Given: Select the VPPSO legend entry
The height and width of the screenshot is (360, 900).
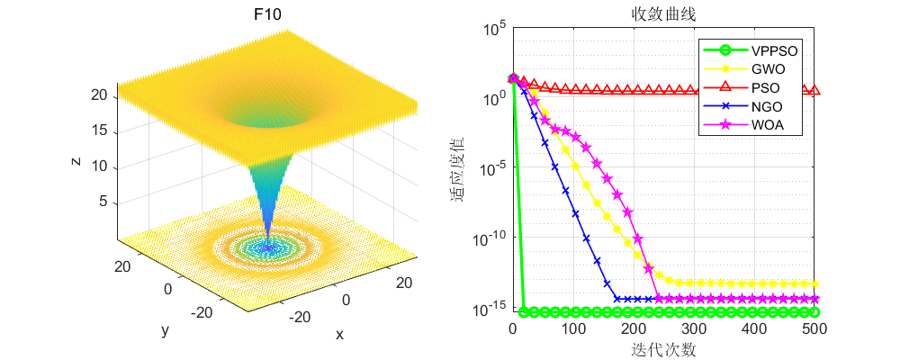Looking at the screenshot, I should point(774,51).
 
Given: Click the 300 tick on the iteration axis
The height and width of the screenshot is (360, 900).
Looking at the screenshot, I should point(694,330).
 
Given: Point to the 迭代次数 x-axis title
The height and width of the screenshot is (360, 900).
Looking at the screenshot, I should point(663,349).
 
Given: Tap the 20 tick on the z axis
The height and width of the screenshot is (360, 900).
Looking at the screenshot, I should point(100,94).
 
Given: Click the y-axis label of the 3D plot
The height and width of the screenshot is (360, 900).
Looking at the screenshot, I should point(165,329).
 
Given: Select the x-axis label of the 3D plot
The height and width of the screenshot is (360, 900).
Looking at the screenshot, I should point(339,334).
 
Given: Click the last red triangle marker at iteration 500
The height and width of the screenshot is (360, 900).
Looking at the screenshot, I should point(814,90).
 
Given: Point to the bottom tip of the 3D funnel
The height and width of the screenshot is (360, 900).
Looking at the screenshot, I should point(266,245).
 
